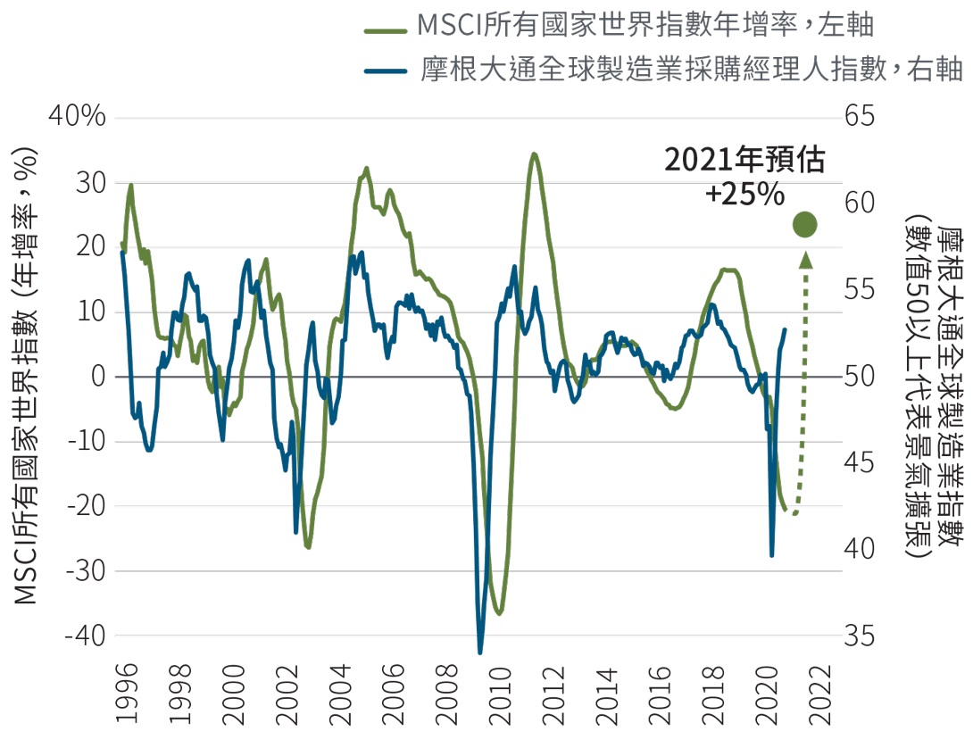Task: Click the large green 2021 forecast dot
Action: tap(805, 226)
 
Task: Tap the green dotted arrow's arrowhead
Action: tap(805, 261)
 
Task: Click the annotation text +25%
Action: tap(744, 193)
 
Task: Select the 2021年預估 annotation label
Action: tap(744, 161)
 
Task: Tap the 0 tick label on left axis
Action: tap(98, 377)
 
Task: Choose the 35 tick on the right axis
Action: tap(863, 636)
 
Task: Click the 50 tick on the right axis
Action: tap(863, 377)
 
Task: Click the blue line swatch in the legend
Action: tap(386, 69)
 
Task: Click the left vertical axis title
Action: tap(28, 376)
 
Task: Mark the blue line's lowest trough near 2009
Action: tap(480, 652)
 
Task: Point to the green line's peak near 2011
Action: tap(533, 154)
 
